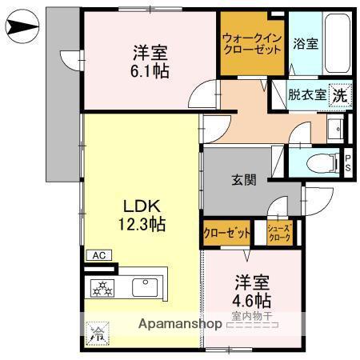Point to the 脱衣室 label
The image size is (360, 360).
(307, 94)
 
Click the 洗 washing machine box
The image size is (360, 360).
(339, 94)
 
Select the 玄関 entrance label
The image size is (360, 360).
(245, 180)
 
